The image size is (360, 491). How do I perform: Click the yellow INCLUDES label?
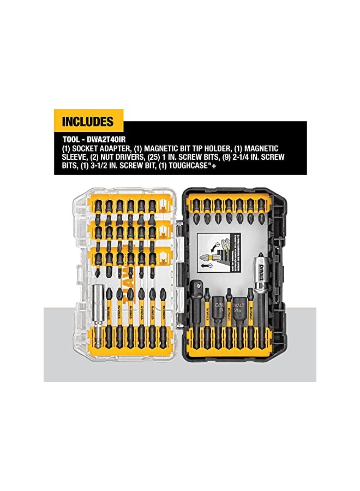(x=88, y=121)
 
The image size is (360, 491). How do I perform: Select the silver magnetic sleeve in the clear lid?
(x=99, y=311)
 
